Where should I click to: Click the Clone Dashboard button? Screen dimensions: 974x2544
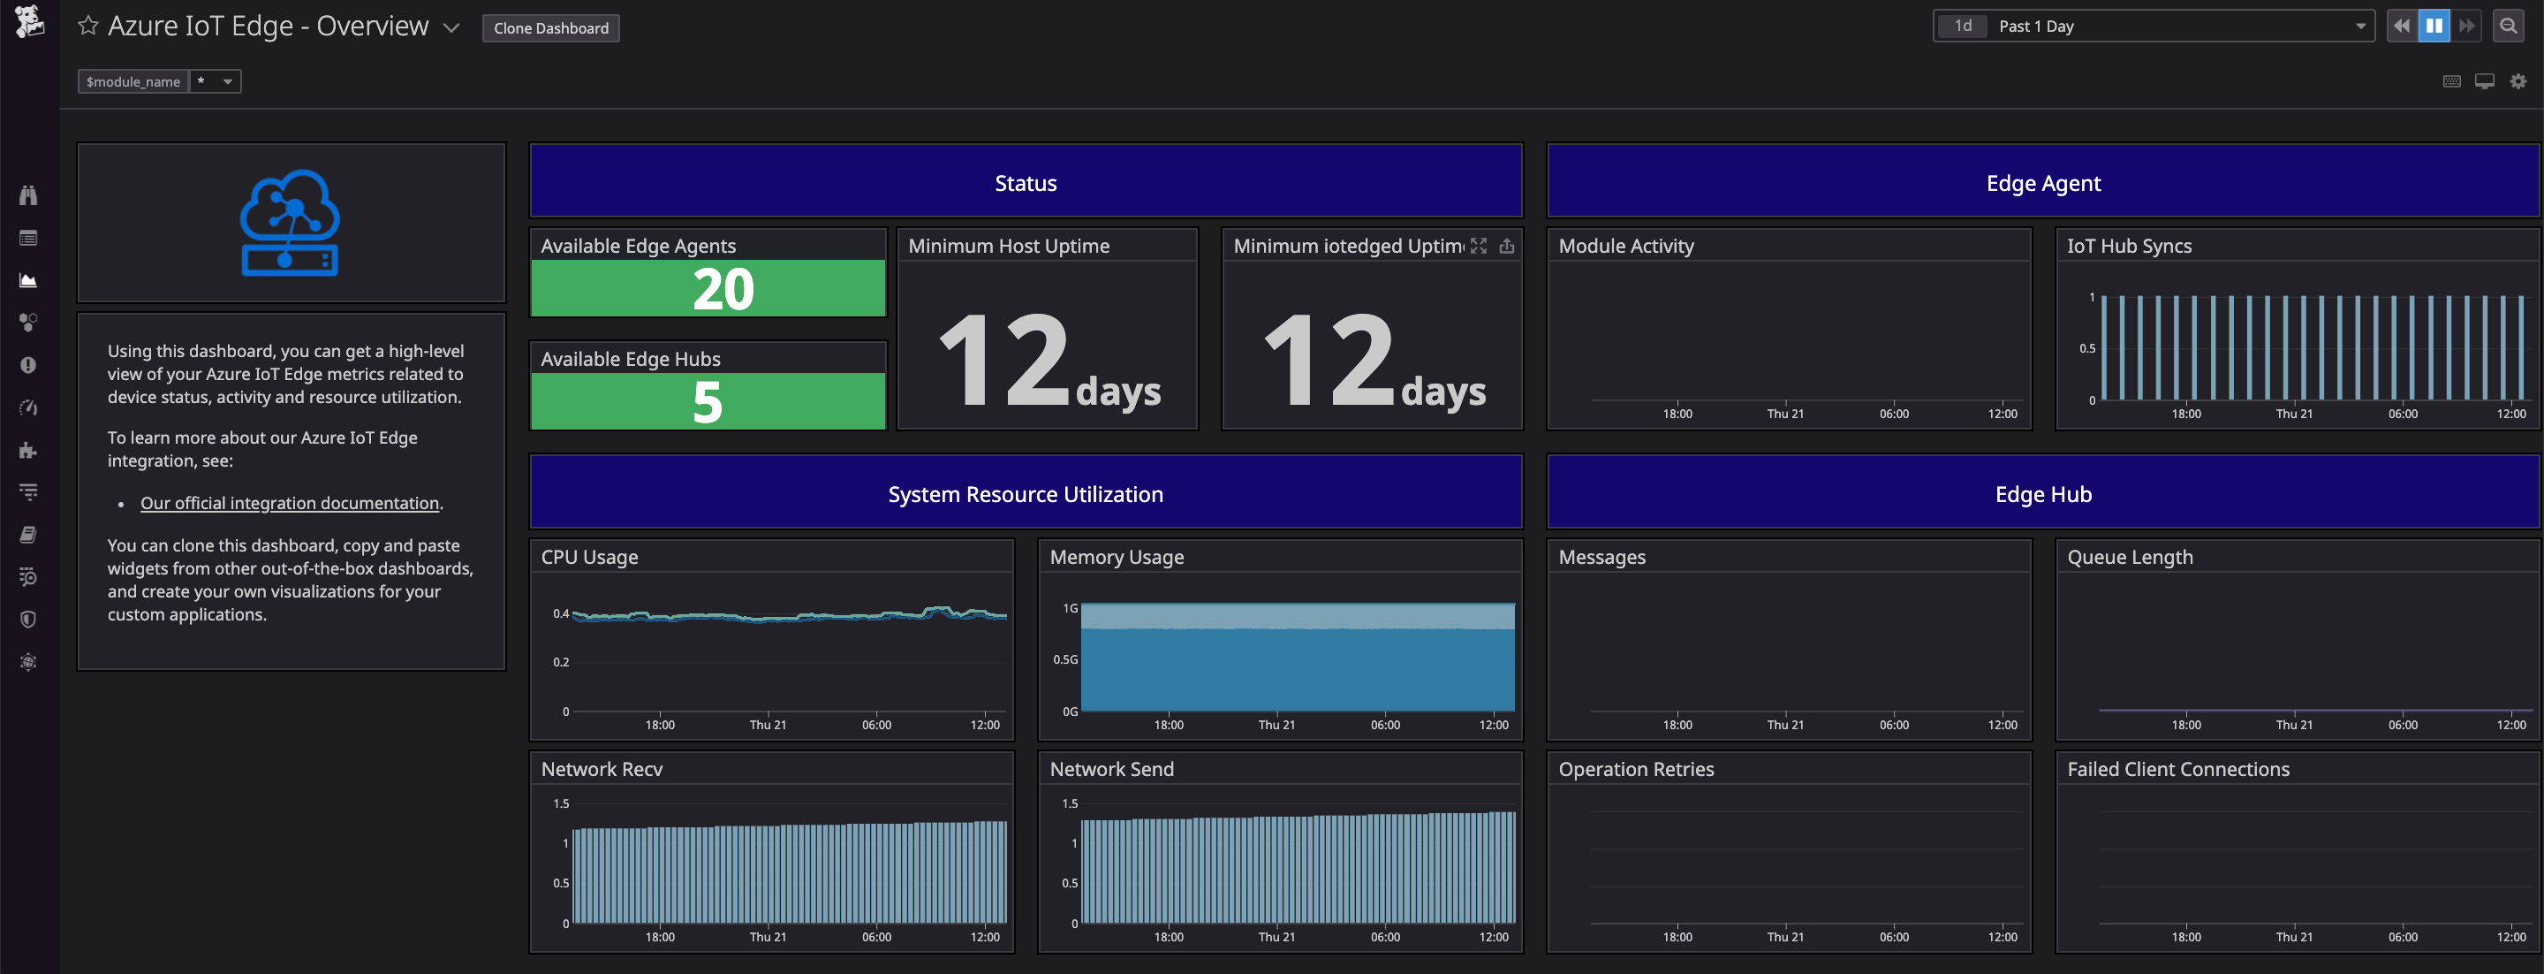[550, 27]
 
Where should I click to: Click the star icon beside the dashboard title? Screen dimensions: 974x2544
[88, 26]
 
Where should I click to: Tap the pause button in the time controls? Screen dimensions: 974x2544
[2434, 27]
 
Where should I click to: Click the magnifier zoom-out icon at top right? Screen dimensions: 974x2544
[2508, 27]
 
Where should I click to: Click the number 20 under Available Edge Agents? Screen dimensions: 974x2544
[722, 289]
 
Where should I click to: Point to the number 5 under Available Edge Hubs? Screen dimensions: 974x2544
[707, 402]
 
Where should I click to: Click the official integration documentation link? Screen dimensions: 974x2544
[290, 503]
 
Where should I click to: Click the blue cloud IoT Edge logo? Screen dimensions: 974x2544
[290, 222]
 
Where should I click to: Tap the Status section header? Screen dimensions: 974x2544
[1025, 183]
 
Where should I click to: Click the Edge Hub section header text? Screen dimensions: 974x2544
[2042, 494]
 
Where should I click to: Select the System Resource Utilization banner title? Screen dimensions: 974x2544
[1025, 494]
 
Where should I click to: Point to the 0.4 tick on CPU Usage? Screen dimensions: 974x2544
[560, 613]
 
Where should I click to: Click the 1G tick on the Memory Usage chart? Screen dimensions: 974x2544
[1070, 608]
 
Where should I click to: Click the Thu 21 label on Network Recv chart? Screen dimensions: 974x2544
[768, 937]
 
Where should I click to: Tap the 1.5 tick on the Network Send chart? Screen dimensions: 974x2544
[1070, 803]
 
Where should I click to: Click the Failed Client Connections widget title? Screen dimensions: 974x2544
[2177, 769]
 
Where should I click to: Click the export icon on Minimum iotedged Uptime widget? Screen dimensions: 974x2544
[1506, 246]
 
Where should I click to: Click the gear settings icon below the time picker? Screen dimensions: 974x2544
[2517, 81]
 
